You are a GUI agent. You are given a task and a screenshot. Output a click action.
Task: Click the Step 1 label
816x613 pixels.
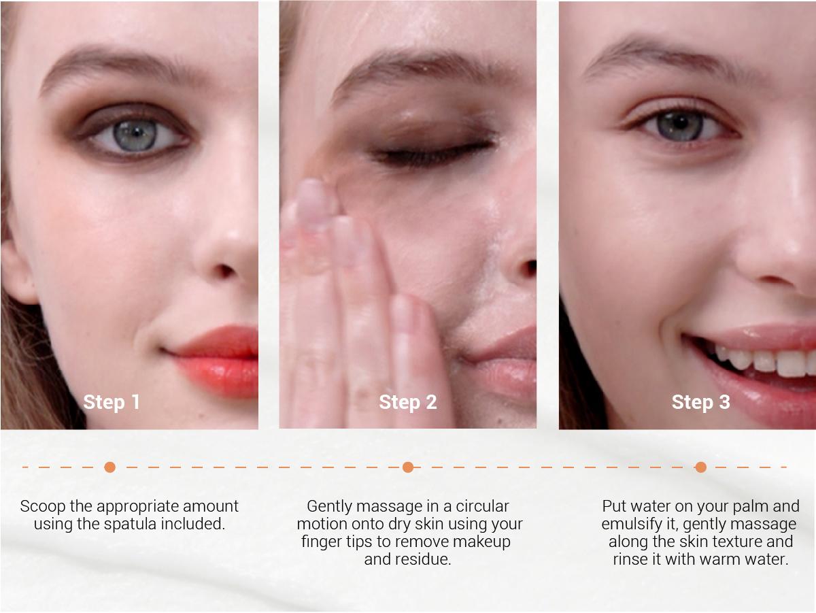tap(111, 402)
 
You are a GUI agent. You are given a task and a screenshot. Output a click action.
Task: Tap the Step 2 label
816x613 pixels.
tap(408, 402)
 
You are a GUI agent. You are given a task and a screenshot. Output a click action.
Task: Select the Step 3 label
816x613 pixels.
tap(701, 402)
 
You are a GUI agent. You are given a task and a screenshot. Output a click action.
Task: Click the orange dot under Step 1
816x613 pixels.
tap(109, 467)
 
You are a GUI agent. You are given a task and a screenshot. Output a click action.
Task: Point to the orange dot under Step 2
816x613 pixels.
tap(408, 467)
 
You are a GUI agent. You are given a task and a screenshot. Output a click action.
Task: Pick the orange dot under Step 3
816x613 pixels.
tap(701, 467)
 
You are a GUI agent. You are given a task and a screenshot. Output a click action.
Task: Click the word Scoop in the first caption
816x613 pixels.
tap(43, 507)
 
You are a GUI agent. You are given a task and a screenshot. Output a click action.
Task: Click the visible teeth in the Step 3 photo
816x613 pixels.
tap(766, 360)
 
